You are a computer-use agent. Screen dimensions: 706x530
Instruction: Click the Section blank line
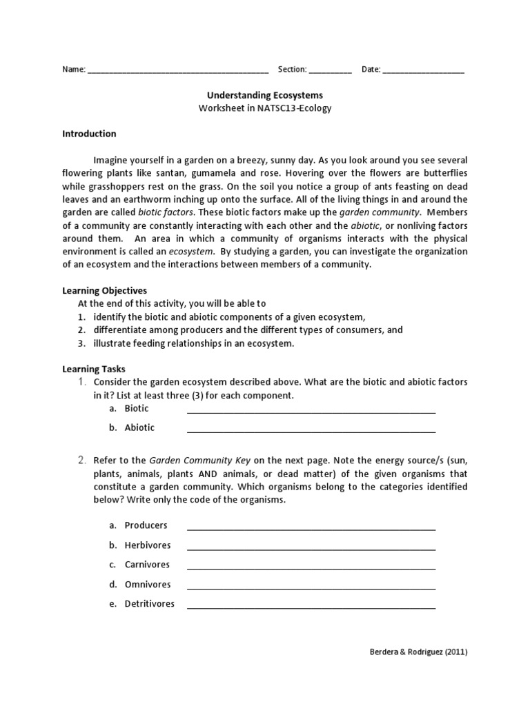click(x=330, y=71)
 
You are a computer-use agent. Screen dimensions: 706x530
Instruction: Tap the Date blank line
click(x=423, y=71)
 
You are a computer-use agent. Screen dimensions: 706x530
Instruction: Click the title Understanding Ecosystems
click(x=265, y=96)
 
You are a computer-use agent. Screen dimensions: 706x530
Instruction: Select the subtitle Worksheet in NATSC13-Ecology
click(x=265, y=108)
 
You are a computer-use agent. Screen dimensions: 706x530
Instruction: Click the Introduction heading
click(x=89, y=134)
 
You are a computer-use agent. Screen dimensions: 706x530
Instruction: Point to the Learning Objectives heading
click(x=104, y=291)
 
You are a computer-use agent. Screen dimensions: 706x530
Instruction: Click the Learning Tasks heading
click(x=94, y=369)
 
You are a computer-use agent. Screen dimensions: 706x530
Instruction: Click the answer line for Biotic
click(x=311, y=411)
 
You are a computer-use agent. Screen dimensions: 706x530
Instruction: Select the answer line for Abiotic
click(x=311, y=430)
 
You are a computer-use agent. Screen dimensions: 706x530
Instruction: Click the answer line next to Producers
click(x=311, y=528)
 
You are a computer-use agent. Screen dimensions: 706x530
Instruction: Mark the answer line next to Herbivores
click(x=311, y=548)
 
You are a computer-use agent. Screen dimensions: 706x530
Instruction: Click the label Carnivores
click(x=147, y=565)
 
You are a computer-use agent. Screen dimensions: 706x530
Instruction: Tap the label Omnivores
click(x=147, y=584)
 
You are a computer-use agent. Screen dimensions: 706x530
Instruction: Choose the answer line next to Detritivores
click(x=311, y=607)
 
